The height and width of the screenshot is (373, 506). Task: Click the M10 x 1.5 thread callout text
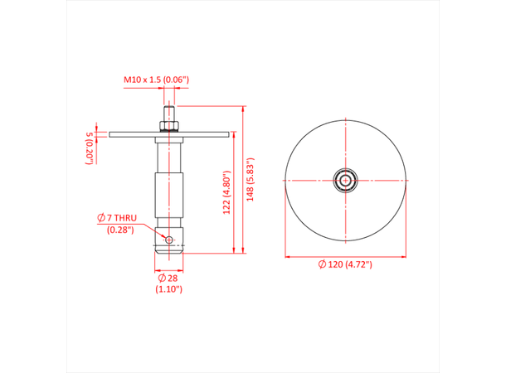pyautogui.click(x=157, y=80)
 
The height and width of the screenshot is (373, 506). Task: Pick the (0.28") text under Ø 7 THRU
pyautogui.click(x=122, y=230)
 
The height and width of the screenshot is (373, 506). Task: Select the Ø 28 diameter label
pyautogui.click(x=168, y=277)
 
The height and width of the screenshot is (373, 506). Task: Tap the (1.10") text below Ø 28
pyautogui.click(x=168, y=289)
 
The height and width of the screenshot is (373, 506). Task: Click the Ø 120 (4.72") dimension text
pyautogui.click(x=345, y=264)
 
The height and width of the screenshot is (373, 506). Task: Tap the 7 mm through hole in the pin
pyautogui.click(x=169, y=240)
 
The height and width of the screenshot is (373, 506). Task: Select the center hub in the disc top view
pyautogui.click(x=345, y=179)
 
